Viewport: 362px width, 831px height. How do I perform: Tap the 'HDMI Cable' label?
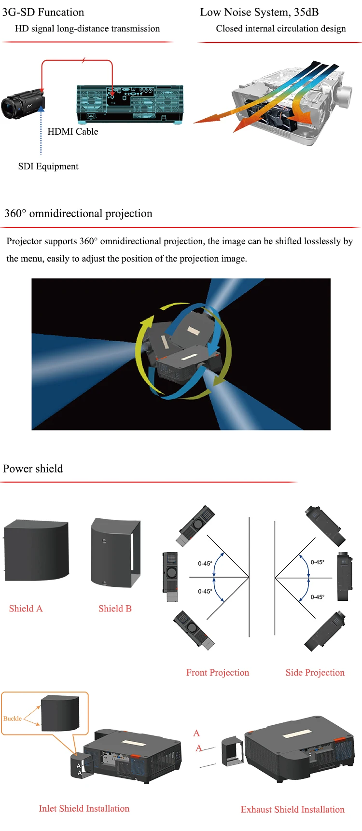click(x=73, y=132)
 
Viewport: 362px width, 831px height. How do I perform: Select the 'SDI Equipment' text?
click(x=48, y=166)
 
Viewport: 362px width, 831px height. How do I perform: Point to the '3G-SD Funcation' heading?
click(x=43, y=12)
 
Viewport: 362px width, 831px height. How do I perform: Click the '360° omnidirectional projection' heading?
click(x=78, y=213)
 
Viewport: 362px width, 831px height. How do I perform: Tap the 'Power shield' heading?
click(x=33, y=469)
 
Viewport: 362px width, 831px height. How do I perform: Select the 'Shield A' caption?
click(x=26, y=609)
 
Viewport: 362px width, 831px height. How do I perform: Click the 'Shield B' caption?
click(x=115, y=609)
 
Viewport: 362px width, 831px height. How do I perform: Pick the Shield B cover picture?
click(x=115, y=552)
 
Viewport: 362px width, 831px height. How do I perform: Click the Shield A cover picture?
click(x=36, y=550)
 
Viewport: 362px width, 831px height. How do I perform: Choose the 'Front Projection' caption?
click(x=218, y=673)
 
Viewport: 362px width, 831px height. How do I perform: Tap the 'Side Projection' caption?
click(x=315, y=673)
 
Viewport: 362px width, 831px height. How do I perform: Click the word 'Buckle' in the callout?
click(x=13, y=719)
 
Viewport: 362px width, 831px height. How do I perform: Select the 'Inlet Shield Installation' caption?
click(x=84, y=808)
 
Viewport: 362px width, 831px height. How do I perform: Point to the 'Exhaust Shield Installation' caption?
click(x=292, y=809)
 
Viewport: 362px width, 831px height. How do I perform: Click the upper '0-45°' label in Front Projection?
click(x=205, y=563)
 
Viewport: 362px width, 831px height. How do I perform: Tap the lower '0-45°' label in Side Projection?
click(x=318, y=597)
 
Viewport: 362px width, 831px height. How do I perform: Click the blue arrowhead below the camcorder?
click(x=41, y=109)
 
